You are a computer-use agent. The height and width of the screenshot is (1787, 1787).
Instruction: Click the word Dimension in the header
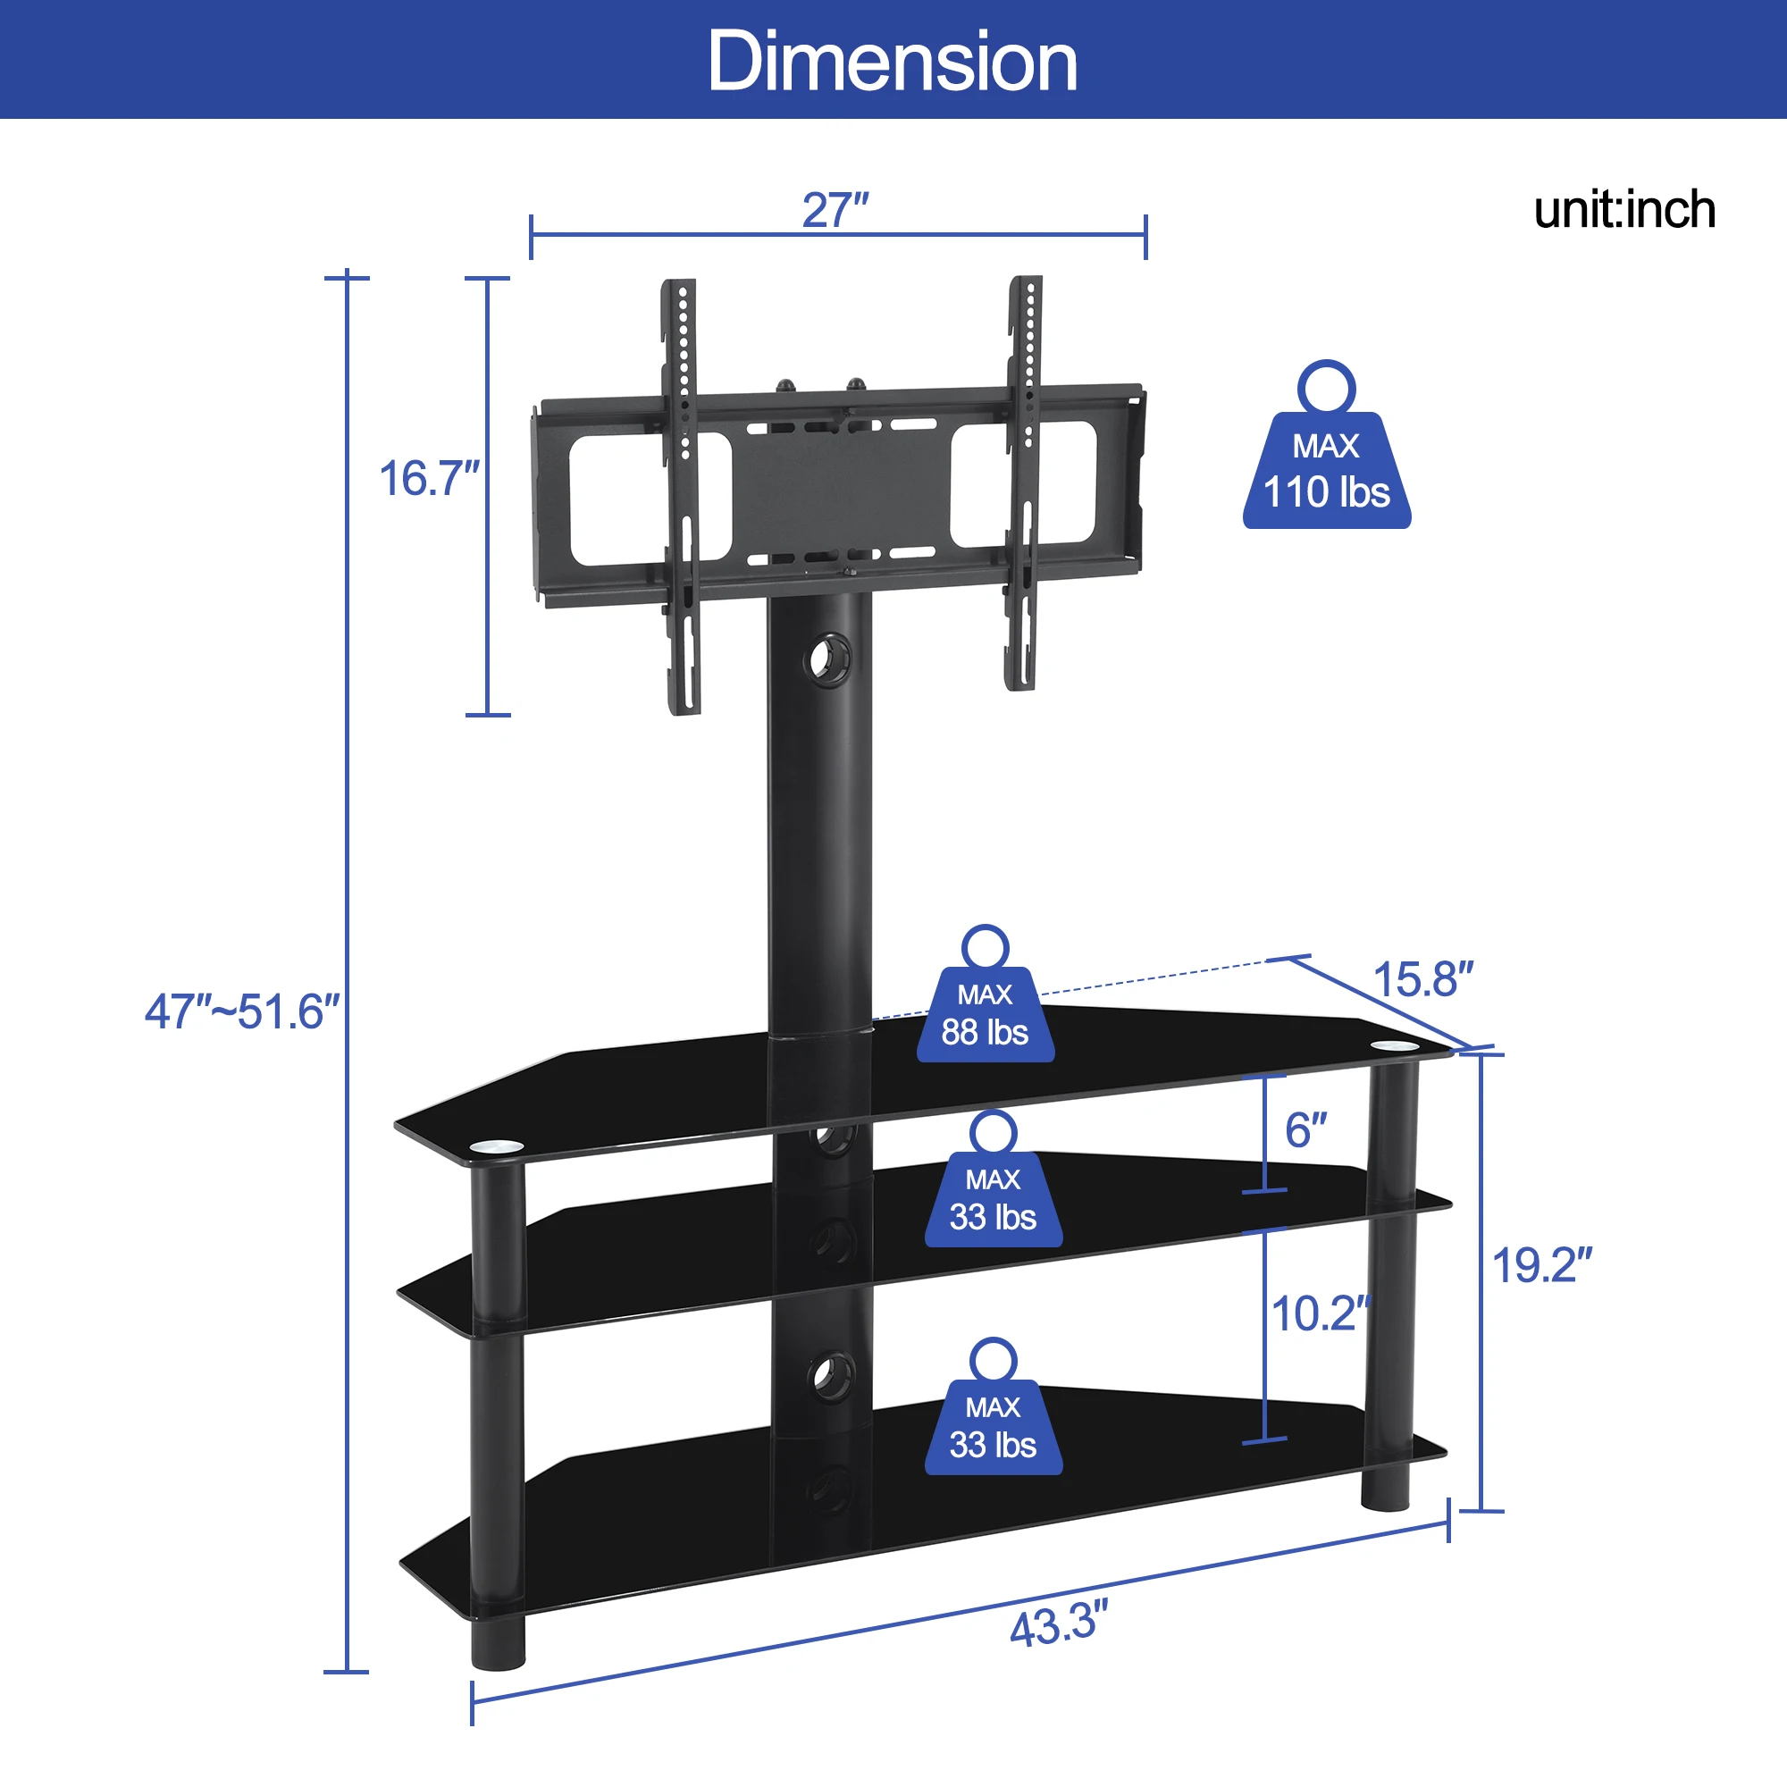pos(893,61)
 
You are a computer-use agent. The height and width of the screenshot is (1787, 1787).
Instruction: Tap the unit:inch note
pos(1625,210)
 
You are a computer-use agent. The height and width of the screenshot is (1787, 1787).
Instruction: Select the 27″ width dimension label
pos(835,210)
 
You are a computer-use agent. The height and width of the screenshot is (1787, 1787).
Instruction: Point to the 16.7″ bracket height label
pos(429,478)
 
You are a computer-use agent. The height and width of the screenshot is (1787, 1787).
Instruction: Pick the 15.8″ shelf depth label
pos(1422,978)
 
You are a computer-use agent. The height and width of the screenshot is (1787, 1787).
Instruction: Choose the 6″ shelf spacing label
pos(1306,1130)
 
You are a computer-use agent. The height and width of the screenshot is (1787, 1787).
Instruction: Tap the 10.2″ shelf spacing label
pos(1320,1313)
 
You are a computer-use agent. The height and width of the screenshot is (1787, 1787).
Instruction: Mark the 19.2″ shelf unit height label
pos(1542,1265)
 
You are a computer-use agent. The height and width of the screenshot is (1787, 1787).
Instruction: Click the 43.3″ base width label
pos(1059,1625)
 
